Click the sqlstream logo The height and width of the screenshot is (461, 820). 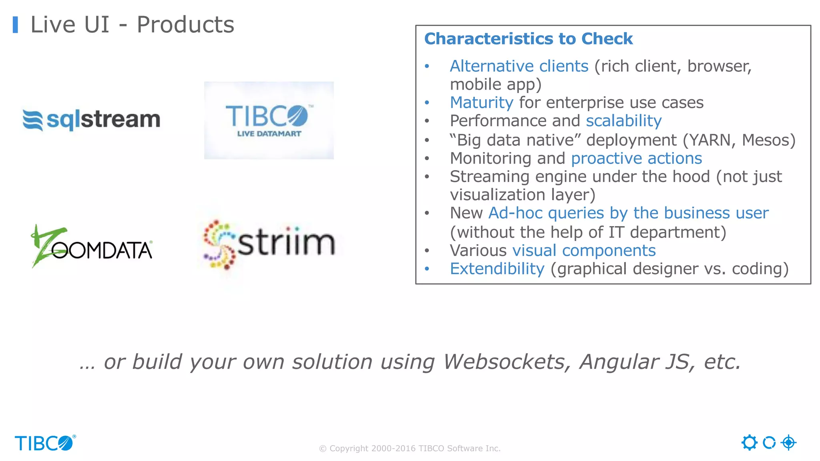91,120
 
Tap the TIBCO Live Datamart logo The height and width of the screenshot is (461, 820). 269,120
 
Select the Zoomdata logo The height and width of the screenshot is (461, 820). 92,246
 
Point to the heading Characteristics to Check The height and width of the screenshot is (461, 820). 528,39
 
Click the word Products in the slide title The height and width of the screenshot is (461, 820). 185,25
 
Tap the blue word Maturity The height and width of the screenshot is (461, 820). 481,103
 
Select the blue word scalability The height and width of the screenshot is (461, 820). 623,121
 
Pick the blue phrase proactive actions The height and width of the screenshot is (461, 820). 636,158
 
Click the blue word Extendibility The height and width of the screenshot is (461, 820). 497,269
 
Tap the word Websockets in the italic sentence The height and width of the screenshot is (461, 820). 506,362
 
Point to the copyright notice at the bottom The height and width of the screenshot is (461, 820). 410,449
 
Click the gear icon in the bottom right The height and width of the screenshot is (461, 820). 749,443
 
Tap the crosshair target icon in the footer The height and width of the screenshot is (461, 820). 788,443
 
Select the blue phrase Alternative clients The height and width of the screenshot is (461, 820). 519,66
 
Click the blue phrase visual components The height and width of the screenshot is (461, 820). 584,251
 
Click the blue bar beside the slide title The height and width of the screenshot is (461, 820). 15,25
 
